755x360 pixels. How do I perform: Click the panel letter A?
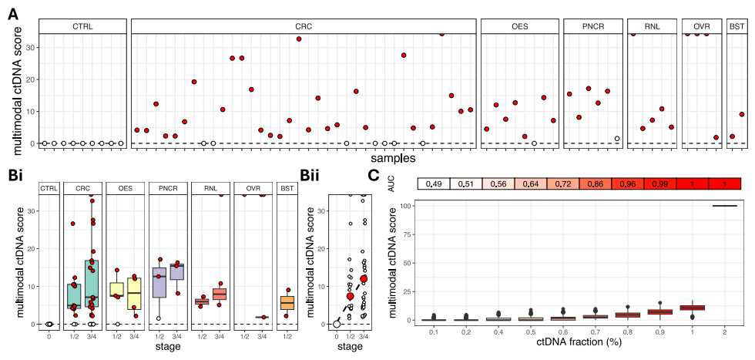13,12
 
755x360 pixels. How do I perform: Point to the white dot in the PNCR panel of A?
617,139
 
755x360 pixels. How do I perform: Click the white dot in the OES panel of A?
534,143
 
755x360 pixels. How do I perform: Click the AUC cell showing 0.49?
434,183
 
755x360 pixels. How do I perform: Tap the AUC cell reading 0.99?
659,183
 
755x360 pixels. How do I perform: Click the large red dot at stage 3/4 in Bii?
364,278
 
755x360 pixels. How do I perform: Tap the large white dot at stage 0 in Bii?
337,324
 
